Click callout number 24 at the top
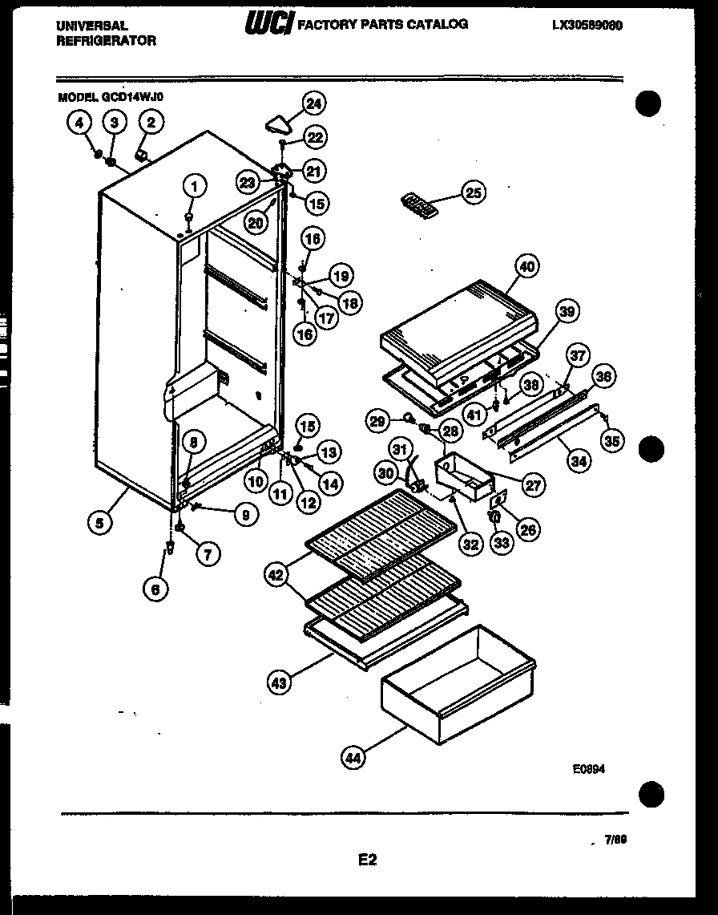click(315, 103)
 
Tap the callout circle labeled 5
click(99, 524)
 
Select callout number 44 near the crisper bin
click(352, 757)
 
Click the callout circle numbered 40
click(527, 267)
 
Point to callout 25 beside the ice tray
click(473, 192)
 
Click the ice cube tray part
click(420, 204)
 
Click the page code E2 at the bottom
click(366, 860)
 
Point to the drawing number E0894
click(588, 767)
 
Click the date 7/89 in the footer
click(615, 840)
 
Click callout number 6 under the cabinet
click(156, 589)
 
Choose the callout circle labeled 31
click(400, 448)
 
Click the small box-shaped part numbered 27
click(463, 473)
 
